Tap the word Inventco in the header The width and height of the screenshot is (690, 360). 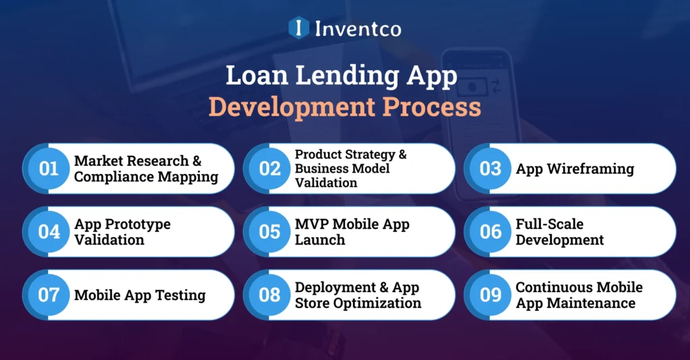[357, 28]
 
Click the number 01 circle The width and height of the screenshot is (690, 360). [49, 169]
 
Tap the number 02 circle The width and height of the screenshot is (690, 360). [270, 169]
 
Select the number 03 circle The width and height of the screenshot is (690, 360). [490, 169]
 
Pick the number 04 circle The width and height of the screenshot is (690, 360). [49, 232]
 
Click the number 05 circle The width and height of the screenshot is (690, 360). [270, 232]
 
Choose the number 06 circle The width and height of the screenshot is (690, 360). [490, 232]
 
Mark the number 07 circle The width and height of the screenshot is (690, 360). [49, 295]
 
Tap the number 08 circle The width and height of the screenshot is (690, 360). [270, 295]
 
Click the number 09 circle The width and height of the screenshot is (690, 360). [490, 295]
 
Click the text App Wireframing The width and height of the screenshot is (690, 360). [575, 169]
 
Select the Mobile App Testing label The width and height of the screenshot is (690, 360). [139, 295]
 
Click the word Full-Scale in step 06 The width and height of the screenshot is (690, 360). [549, 224]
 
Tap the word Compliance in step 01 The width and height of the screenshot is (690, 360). [111, 177]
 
